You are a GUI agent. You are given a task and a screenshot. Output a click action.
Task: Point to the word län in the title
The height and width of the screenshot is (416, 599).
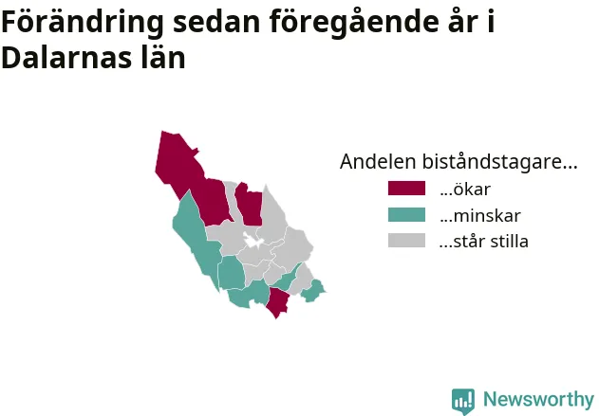pos(163,58)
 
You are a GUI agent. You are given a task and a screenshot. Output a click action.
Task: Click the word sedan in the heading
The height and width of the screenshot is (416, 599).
pos(216,23)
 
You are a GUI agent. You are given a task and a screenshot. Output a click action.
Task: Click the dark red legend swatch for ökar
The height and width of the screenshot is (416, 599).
pos(406,189)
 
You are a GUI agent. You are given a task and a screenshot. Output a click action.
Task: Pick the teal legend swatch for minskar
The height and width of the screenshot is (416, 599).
pos(406,215)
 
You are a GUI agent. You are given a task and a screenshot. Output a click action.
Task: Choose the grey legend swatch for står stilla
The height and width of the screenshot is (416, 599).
pos(406,241)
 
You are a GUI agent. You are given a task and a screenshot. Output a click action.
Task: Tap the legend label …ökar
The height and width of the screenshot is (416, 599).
pos(465,190)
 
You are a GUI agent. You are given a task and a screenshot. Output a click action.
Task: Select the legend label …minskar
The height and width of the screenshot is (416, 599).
pos(480,216)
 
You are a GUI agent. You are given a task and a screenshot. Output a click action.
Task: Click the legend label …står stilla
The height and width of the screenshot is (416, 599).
pos(484,242)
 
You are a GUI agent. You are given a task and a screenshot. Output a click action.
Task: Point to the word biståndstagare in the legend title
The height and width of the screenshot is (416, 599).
pos(499,162)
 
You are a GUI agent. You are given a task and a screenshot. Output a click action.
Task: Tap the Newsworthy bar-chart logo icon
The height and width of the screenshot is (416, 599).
pos(463,401)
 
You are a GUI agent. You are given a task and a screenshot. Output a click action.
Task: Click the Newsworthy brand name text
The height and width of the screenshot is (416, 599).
pos(538,400)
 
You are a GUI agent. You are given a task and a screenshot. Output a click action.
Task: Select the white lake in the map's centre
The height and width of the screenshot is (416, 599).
pos(253,241)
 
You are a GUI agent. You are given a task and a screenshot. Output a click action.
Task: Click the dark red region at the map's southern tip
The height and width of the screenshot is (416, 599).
pos(278,301)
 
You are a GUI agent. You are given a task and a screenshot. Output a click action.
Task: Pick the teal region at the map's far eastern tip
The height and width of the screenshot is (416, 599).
pos(313,291)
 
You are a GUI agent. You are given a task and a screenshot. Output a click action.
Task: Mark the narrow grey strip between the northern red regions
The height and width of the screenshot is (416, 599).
pos(231,198)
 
